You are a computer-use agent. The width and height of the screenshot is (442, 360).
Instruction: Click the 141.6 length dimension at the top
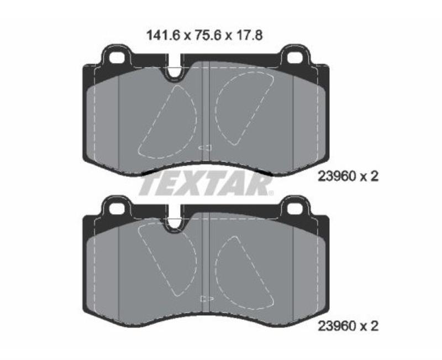tap(163, 36)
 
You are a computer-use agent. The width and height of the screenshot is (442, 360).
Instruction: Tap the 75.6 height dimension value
tap(208, 36)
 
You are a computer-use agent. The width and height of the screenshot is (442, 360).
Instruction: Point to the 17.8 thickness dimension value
tap(249, 36)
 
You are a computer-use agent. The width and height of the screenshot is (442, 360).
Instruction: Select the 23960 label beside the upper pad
tap(336, 177)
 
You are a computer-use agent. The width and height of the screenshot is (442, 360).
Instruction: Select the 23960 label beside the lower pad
tap(336, 326)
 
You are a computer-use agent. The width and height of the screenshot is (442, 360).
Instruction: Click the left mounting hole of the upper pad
tap(117, 58)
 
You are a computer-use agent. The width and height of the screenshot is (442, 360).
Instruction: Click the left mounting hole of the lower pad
tap(117, 209)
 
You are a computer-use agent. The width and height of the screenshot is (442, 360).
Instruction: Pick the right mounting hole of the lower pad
tap(295, 209)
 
